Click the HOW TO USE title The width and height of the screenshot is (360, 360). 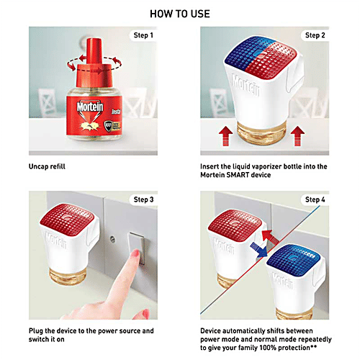pos(179,14)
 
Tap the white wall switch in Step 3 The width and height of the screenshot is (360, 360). pos(134,248)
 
